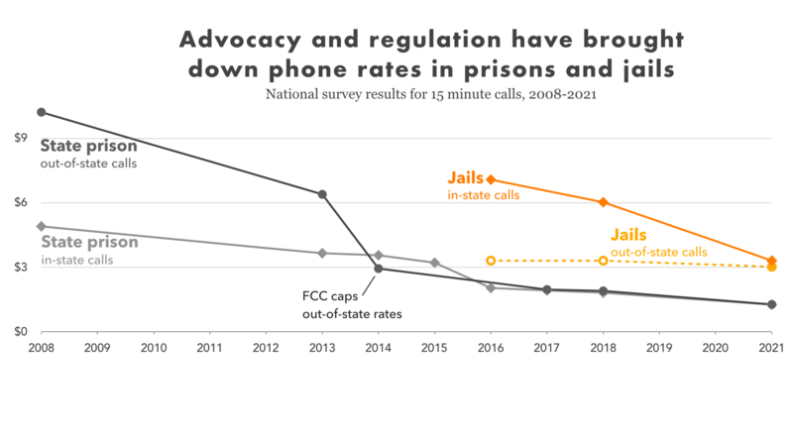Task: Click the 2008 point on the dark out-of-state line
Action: click(x=41, y=112)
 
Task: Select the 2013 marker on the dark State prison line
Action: click(x=322, y=194)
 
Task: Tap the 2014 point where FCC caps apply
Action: click(x=378, y=269)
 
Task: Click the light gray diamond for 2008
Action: click(x=41, y=226)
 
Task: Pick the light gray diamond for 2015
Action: click(x=434, y=263)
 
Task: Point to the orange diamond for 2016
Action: click(x=491, y=179)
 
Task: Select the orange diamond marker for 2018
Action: click(x=603, y=202)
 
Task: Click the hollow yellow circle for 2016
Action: click(x=491, y=261)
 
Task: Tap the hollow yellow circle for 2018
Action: click(x=603, y=261)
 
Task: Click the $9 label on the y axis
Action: click(x=20, y=138)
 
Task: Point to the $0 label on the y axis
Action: click(x=20, y=331)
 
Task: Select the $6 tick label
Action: click(x=20, y=202)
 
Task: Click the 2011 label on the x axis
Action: click(x=209, y=349)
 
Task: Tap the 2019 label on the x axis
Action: click(x=659, y=349)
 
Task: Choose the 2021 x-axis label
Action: click(x=771, y=349)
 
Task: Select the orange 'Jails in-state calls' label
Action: click(x=484, y=186)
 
